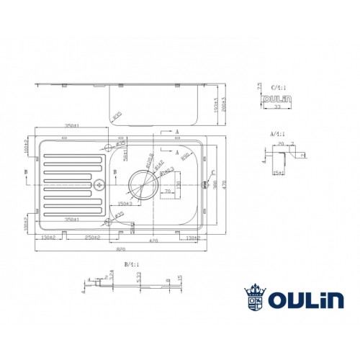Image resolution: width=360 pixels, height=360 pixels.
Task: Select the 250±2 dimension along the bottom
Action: point(92,238)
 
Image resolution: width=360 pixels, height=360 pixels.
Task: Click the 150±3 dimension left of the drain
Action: point(124,204)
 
